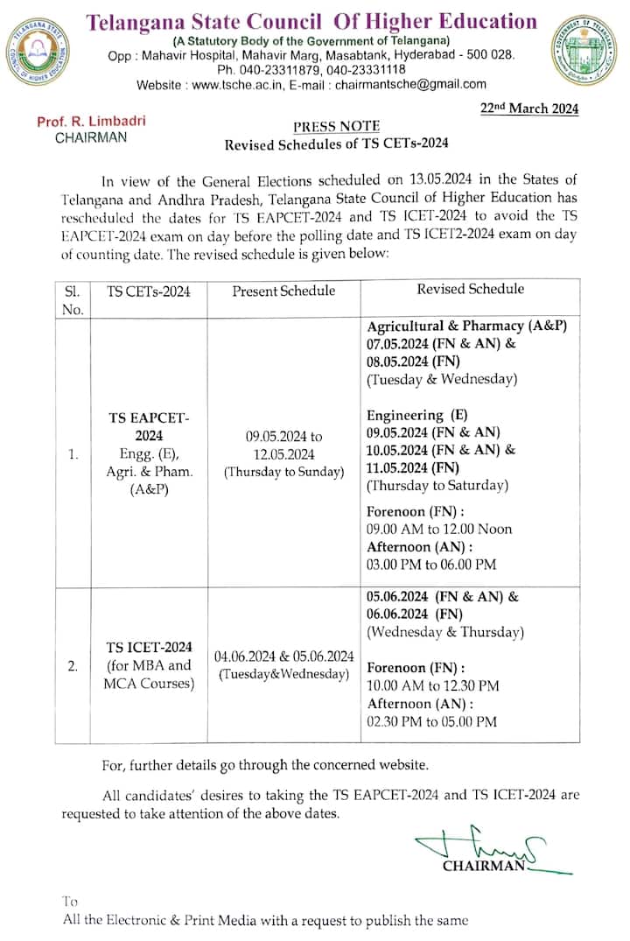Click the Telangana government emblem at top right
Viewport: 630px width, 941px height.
coord(585,51)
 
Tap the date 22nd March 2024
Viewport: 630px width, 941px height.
coord(529,109)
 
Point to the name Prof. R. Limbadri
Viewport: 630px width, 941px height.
coord(80,122)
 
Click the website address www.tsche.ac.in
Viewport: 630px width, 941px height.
coord(231,85)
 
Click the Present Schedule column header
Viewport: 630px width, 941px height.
coord(283,291)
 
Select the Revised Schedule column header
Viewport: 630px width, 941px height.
coord(470,289)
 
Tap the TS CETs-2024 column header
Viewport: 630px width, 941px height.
coord(149,291)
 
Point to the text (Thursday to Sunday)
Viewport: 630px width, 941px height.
coord(283,472)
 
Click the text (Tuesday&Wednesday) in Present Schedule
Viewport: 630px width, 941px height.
coord(283,673)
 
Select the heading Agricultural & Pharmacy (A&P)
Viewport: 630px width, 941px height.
coord(467,326)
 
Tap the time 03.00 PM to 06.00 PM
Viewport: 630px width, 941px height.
coord(431,565)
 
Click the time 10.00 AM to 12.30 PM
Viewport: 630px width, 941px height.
coord(432,685)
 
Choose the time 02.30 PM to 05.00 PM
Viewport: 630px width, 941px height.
coord(432,722)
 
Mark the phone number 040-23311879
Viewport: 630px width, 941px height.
coord(282,69)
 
